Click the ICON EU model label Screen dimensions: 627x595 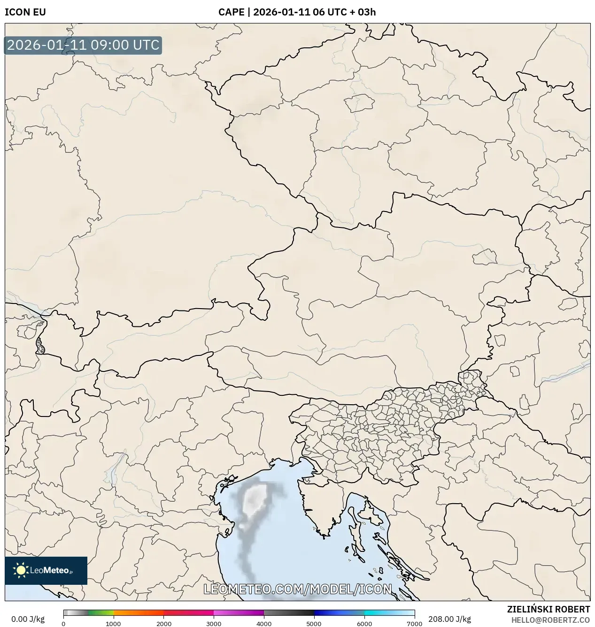25,12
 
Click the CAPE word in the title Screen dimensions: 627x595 231,12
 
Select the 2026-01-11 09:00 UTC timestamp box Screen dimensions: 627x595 83,45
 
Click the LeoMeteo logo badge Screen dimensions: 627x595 46,570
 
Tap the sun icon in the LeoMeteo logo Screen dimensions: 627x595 21,570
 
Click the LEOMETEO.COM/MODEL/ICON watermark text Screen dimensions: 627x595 297,589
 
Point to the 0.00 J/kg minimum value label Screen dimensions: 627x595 28,619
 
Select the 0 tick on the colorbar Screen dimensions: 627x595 63,624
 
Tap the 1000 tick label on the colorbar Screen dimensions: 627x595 113,624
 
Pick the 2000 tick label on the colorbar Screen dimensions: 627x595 163,624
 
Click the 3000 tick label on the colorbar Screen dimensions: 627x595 214,624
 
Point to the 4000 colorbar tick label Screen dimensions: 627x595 264,624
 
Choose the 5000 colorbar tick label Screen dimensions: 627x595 314,624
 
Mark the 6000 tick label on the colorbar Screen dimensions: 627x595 364,624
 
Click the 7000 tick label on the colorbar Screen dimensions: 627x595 414,624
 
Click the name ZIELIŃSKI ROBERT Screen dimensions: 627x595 549,609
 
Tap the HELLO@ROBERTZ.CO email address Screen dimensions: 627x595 550,620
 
